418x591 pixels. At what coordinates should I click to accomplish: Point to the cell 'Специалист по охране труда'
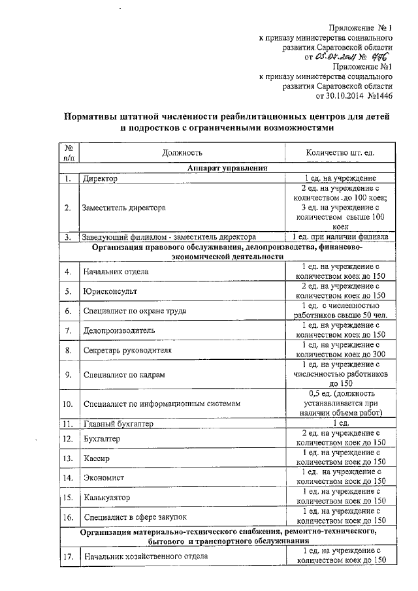[134, 311]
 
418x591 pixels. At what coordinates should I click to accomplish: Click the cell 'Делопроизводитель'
[119, 330]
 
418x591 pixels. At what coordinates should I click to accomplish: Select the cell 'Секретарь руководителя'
[127, 351]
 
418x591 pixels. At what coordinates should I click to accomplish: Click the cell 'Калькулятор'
[106, 498]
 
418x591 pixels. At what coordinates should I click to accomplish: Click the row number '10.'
[67, 404]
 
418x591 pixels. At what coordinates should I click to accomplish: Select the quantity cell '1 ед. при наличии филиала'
[340, 236]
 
